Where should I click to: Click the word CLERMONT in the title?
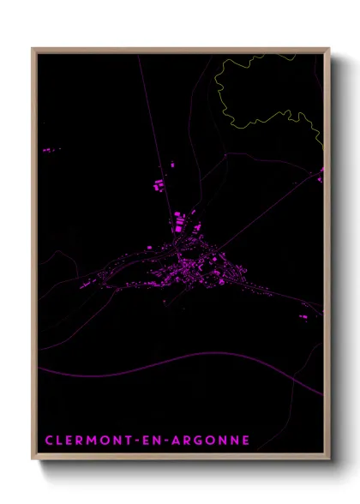[x=86, y=441]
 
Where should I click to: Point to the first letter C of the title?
[x=48, y=441]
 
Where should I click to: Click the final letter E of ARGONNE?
[x=245, y=441]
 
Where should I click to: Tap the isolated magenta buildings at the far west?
[x=50, y=150]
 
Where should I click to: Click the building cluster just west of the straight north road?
[x=158, y=183]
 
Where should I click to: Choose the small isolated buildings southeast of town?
[x=305, y=316]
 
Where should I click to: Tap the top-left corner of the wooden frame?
[x=34, y=50]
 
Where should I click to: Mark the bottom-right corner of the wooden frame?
[x=328, y=461]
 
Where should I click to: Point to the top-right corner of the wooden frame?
[x=328, y=50]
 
